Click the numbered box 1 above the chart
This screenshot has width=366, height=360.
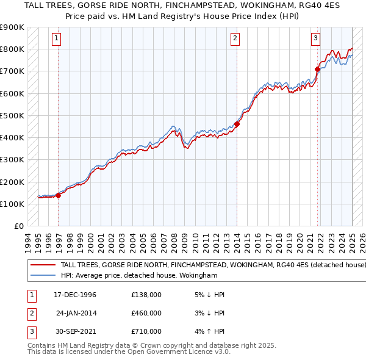click(56, 38)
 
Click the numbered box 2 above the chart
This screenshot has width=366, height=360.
click(235, 38)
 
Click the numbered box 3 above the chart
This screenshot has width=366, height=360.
click(316, 38)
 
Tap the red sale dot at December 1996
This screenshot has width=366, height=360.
click(59, 195)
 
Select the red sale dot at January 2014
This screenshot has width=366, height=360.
click(237, 124)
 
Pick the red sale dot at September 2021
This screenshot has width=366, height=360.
click(318, 69)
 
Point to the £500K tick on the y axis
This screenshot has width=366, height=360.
click(12, 115)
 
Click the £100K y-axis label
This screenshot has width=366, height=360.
click(12, 204)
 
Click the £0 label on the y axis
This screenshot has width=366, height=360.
click(18, 226)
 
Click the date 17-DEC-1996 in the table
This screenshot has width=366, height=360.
click(75, 295)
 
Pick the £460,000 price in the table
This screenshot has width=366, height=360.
click(146, 313)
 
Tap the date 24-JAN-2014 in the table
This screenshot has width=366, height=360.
click(76, 313)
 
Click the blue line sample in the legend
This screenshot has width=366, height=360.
click(43, 276)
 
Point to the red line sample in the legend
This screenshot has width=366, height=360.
click(43, 265)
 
